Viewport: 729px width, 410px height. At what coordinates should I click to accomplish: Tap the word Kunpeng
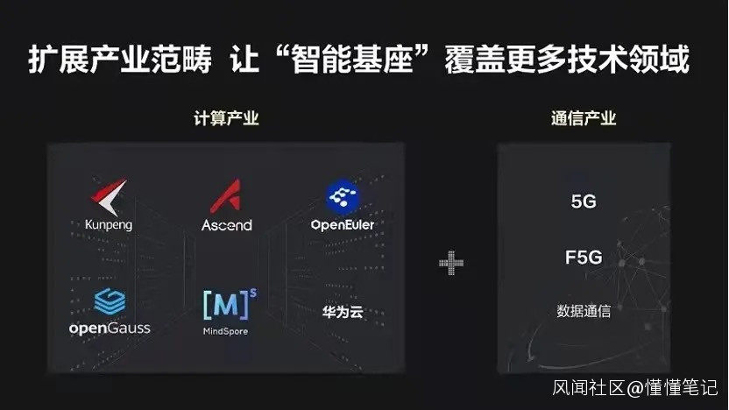coord(110,225)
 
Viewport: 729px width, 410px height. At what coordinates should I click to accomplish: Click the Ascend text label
coord(226,225)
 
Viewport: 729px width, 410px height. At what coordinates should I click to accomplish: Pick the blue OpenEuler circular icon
coord(342,198)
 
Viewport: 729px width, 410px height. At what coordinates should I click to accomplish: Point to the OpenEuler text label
coord(342,225)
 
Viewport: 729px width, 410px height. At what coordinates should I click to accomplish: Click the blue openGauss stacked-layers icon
coord(110,303)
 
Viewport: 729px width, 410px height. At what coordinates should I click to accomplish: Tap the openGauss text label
coord(110,328)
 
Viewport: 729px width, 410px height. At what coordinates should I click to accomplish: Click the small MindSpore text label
coord(225,331)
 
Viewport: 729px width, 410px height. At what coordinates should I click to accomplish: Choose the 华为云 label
coord(342,312)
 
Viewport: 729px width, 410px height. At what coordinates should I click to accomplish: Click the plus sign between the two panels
coord(451,262)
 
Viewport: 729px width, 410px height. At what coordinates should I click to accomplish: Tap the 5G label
coord(584,201)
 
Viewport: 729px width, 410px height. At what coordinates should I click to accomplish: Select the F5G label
coord(584,258)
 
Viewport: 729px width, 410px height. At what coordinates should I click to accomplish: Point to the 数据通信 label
coord(584,310)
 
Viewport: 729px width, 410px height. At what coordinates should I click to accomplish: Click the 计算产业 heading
coord(226,118)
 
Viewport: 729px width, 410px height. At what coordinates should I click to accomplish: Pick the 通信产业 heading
coord(584,118)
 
